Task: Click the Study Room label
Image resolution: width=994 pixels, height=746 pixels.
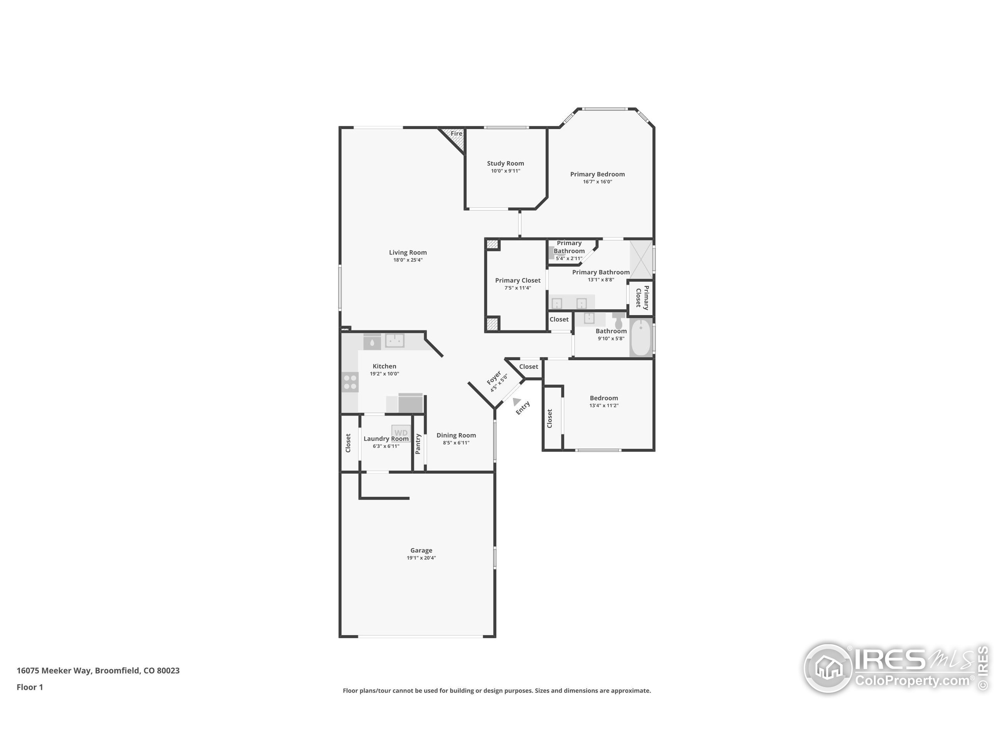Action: [505, 163]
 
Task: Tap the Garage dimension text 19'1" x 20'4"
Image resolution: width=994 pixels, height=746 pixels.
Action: [421, 558]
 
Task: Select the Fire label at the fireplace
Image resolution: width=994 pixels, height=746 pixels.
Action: [456, 134]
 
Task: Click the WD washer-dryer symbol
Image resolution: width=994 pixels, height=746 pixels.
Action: [401, 432]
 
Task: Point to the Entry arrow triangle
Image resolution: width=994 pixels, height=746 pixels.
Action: [516, 401]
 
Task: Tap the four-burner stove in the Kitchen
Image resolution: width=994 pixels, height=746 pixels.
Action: [350, 382]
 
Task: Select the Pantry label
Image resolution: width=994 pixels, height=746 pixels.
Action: [418, 443]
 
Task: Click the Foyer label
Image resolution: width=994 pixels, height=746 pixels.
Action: [494, 378]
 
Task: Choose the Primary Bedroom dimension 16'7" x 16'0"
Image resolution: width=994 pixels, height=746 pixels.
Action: [597, 182]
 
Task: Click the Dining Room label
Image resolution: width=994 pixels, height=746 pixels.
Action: [456, 435]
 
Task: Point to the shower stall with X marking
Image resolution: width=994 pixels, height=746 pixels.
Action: [640, 260]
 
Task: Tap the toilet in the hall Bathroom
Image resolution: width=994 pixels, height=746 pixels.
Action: [618, 321]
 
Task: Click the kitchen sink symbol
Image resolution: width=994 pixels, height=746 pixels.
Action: [394, 340]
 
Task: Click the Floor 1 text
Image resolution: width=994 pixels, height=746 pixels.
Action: [30, 687]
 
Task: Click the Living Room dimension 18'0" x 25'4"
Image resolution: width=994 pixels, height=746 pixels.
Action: [408, 260]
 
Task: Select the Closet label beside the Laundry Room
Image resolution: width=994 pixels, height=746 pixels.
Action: [348, 443]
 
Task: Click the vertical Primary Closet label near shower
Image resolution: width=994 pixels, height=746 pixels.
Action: [642, 298]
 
